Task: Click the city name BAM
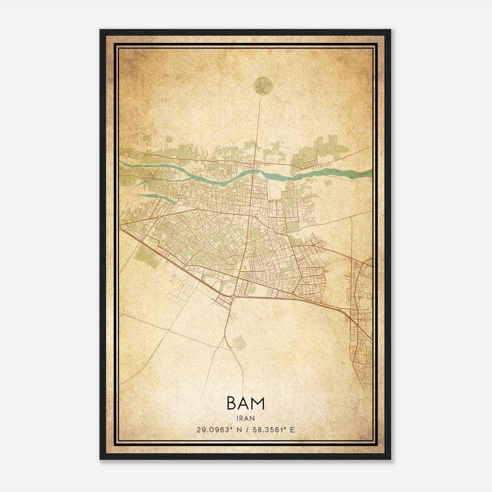coord(245,403)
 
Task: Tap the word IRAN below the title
coord(245,418)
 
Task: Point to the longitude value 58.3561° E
coord(273,430)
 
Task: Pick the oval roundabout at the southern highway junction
coord(233,296)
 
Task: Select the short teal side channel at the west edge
coord(154,197)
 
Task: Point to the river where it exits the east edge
coord(367,174)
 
